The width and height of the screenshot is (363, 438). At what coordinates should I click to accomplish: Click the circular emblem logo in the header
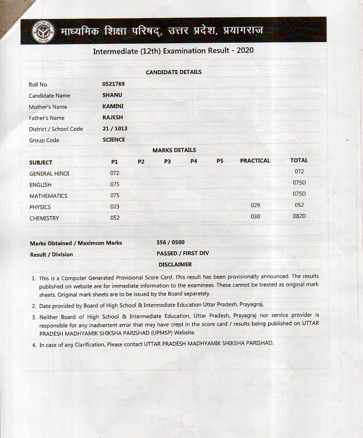tap(43, 31)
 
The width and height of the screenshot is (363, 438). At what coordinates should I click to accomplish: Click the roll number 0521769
tap(113, 84)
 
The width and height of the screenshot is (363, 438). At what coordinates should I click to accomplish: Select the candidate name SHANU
tap(112, 95)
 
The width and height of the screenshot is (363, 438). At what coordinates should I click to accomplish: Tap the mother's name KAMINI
tap(113, 107)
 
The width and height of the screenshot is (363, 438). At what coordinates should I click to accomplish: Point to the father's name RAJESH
tap(112, 117)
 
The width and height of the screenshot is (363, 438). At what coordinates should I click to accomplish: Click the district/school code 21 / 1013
tap(115, 129)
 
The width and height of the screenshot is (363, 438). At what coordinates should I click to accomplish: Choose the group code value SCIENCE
tap(114, 140)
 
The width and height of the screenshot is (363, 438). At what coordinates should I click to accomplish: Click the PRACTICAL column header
tap(255, 161)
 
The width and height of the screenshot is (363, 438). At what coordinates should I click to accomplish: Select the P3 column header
tap(167, 161)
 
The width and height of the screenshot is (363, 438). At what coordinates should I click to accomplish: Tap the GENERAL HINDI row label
tap(49, 174)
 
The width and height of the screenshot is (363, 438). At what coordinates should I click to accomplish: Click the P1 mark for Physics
tap(115, 207)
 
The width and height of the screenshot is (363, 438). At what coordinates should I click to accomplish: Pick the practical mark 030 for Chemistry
tap(255, 217)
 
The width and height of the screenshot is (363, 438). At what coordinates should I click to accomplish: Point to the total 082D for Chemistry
tap(299, 216)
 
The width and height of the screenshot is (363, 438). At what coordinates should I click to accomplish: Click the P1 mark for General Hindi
tap(115, 173)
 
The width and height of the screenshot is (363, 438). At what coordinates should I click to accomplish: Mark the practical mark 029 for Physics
tap(255, 206)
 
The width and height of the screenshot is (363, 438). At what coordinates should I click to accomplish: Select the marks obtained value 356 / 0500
tap(170, 242)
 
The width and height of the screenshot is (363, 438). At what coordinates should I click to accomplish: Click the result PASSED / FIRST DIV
tap(183, 254)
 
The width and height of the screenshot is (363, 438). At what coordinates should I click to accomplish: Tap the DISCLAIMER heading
tap(175, 264)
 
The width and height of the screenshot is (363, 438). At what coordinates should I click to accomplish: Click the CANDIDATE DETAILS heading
tap(174, 72)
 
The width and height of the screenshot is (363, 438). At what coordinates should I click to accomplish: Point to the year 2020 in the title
tap(245, 50)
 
